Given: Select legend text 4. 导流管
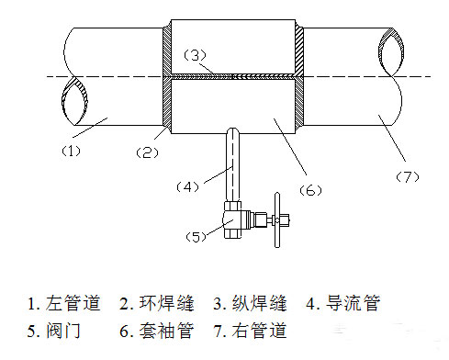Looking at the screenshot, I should click(x=343, y=303).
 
